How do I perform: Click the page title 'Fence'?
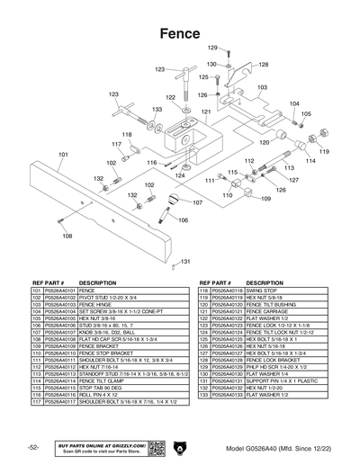(180, 32)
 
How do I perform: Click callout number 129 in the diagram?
(213, 47)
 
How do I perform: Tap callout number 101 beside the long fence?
(63, 155)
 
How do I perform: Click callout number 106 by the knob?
(183, 220)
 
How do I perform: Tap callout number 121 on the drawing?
(205, 112)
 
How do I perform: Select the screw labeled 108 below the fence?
(59, 221)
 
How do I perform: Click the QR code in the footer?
(154, 448)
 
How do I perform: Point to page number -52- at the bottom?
(32, 448)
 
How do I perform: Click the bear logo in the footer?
(180, 448)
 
